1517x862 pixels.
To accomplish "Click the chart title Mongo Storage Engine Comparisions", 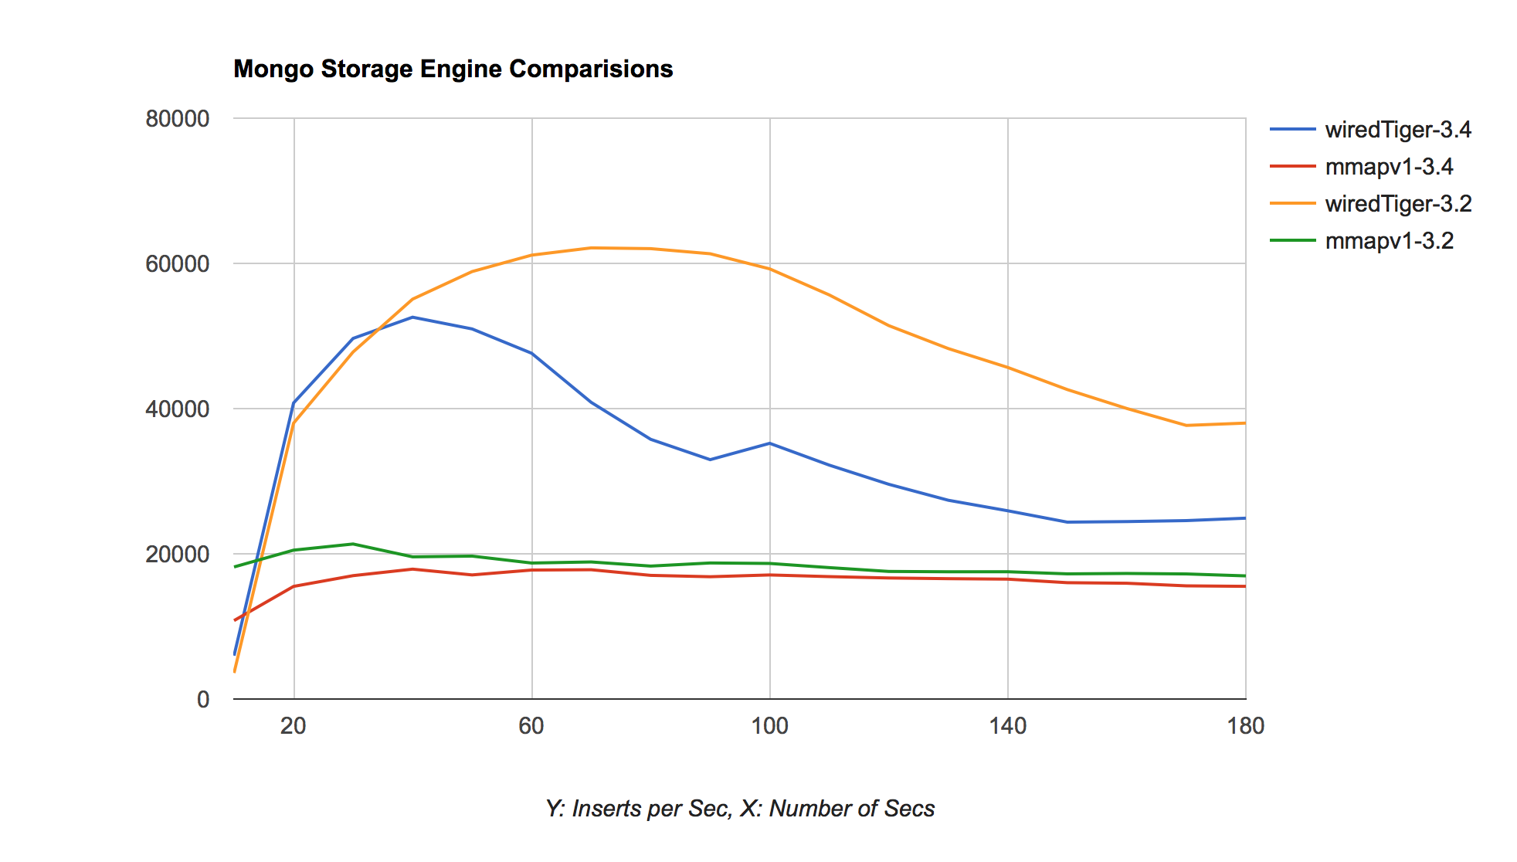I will pyautogui.click(x=453, y=70).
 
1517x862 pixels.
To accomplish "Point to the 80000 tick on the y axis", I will pyautogui.click(x=177, y=119).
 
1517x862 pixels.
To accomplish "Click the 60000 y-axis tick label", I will pyautogui.click(x=177, y=264).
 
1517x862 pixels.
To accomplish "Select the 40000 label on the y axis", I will pyautogui.click(x=177, y=409).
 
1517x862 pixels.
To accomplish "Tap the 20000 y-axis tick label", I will pyautogui.click(x=177, y=555).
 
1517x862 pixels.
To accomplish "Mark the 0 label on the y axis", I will pyautogui.click(x=203, y=700).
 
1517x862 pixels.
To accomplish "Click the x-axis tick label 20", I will pyautogui.click(x=294, y=726).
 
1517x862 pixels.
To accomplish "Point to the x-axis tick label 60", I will pyautogui.click(x=531, y=726).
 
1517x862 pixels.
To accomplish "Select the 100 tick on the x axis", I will pyautogui.click(x=769, y=726).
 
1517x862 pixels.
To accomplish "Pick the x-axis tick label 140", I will pyautogui.click(x=1008, y=726).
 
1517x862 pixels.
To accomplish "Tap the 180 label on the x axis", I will pyautogui.click(x=1245, y=726).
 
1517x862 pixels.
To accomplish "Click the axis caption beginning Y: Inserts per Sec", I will pyautogui.click(x=740, y=809).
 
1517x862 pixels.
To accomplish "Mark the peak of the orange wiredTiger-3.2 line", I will pyautogui.click(x=591, y=248).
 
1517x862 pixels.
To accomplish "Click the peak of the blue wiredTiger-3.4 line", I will pyautogui.click(x=412, y=317).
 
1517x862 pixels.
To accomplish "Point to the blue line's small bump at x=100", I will pyautogui.click(x=769, y=443).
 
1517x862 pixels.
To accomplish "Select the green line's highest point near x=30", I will pyautogui.click(x=353, y=544).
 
